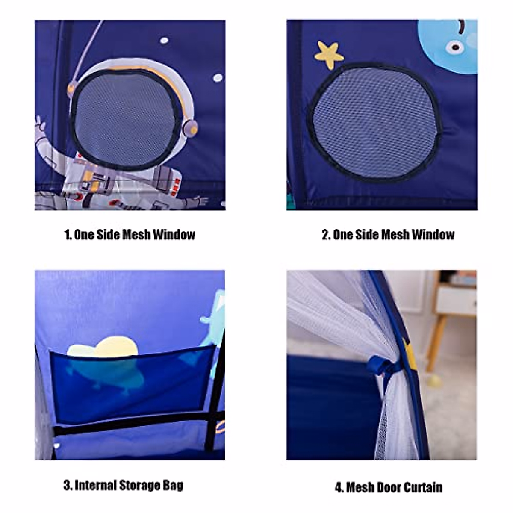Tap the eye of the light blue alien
(x=455, y=47)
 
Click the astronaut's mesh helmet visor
(x=124, y=119)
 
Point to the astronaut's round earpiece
(x=190, y=128)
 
